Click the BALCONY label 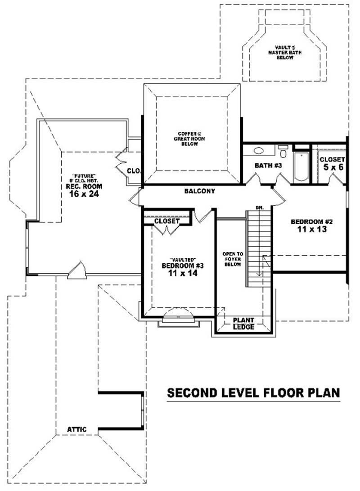pos(199,191)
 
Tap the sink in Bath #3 pos(259,151)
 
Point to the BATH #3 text pos(268,166)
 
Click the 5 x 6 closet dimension pos(332,167)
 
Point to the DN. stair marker pos(260,207)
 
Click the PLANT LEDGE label pos(243,323)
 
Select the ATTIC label pos(77,429)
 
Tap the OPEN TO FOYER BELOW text pos(232,259)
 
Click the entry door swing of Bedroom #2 pos(278,194)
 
